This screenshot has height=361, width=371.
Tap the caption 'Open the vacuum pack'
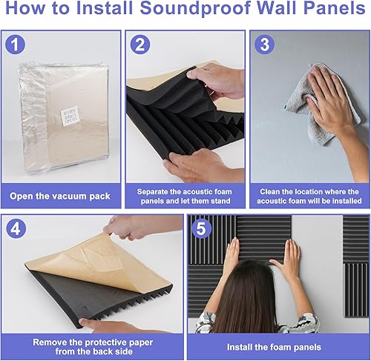coord(60,196)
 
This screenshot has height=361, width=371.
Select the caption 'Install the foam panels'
coord(277,345)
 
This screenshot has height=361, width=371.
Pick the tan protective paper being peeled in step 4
coord(82,267)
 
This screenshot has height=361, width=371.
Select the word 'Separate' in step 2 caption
coord(157,191)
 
